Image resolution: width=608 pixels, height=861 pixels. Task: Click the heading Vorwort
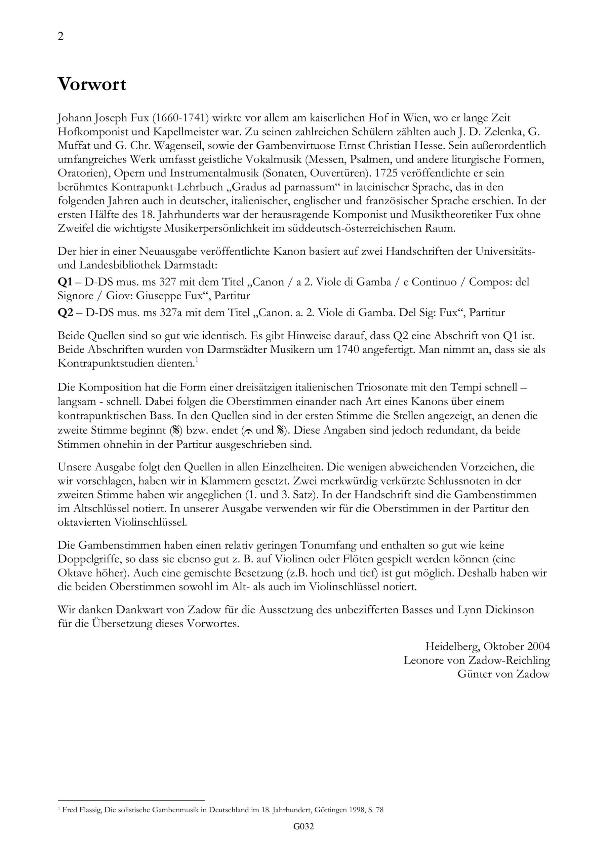[91, 85]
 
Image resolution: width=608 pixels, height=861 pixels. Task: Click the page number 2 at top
[61, 37]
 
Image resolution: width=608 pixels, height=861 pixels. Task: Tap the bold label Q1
[65, 282]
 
